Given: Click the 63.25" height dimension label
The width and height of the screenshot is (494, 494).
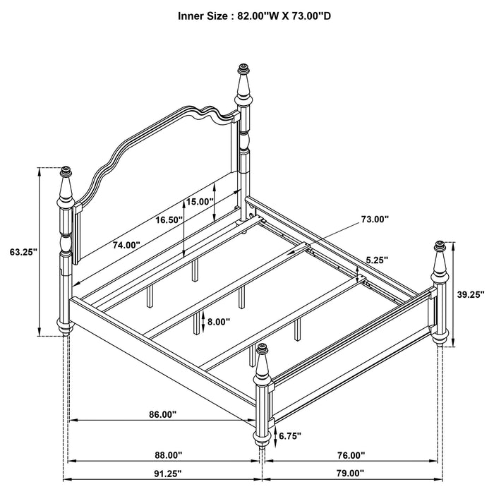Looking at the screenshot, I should (x=24, y=251).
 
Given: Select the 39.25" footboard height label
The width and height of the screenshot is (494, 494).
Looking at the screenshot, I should (x=469, y=296).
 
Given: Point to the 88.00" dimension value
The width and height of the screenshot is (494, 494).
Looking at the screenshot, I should (x=168, y=455).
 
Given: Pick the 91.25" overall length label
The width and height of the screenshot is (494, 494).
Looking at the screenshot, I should (x=168, y=474).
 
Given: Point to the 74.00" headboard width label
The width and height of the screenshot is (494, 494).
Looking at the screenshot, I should (x=126, y=245).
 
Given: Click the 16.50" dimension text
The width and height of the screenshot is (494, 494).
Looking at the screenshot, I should (x=169, y=220).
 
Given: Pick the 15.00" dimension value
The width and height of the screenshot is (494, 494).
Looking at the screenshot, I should (x=200, y=201).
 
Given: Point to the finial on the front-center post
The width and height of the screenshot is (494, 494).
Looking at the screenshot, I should (x=263, y=349).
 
